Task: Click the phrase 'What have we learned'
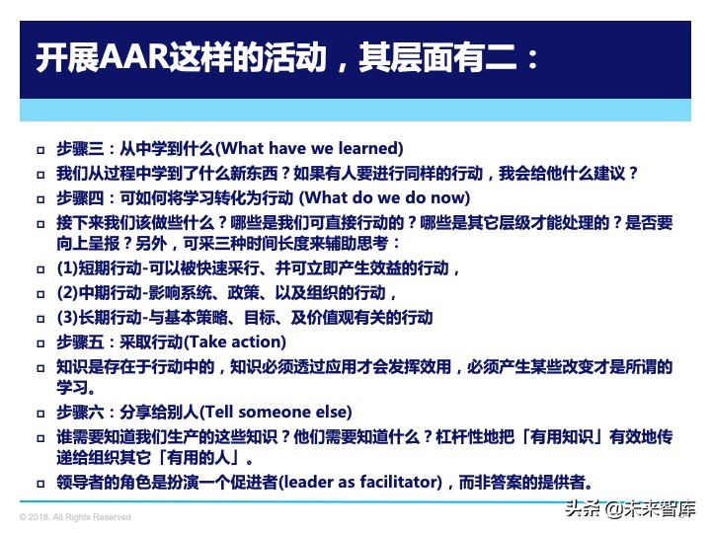[310, 149]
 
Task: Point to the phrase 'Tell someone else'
[283, 413]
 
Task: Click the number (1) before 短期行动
[67, 268]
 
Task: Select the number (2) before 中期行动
[67, 293]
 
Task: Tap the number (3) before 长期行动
[67, 318]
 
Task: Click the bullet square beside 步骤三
[40, 150]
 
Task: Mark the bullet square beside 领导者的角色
[40, 484]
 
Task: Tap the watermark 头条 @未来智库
[629, 510]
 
